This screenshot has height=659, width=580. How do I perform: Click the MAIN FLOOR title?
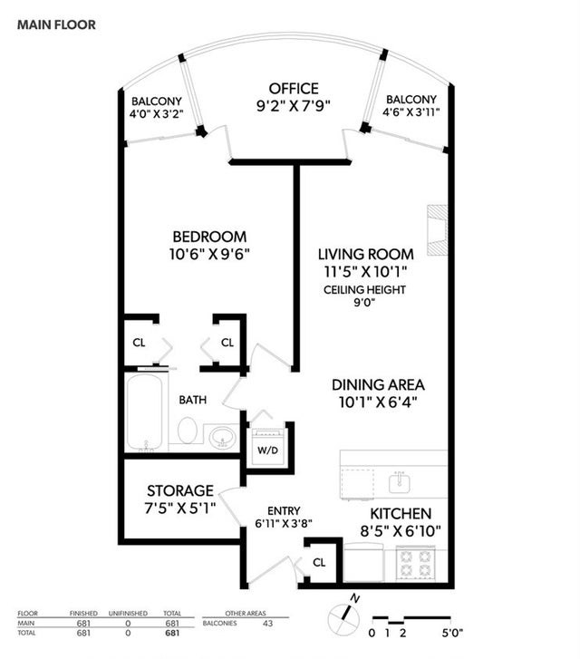coord(56,24)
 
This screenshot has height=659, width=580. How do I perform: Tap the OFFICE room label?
coord(294,89)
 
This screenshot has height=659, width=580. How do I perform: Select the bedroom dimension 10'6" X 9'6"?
coord(209,255)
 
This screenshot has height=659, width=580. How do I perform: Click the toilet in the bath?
coord(187,430)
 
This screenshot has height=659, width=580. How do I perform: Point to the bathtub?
coord(145,412)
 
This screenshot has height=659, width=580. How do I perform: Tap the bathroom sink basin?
coord(222,436)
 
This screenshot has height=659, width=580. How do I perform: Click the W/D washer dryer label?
coord(267,451)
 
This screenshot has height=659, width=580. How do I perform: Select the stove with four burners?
coord(416,563)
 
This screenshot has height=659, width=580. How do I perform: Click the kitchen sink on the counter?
coord(400,482)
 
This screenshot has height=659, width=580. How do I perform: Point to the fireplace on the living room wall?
coord(437,230)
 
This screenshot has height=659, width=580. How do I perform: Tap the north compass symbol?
coord(344,617)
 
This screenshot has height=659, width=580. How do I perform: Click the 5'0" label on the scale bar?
coord(452,633)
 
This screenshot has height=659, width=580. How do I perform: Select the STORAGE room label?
coord(180,491)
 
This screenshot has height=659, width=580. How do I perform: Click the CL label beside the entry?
coord(319,562)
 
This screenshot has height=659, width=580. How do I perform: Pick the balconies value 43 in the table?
coord(267,624)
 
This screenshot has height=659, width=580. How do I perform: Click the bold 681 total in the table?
coord(172,633)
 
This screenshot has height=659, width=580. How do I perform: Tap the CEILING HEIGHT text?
coord(364,289)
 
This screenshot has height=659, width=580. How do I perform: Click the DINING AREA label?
coord(378,385)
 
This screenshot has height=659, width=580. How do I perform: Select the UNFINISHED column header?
coord(128,613)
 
